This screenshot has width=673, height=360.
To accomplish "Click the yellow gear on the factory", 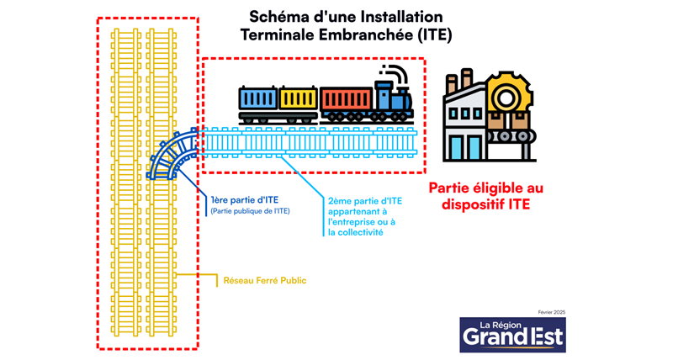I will pos(505,95).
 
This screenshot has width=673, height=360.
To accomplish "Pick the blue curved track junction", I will pos(173,156).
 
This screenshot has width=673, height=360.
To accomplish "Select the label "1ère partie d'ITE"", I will pos(245,199).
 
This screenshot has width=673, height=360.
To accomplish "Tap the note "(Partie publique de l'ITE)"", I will pos(250,211).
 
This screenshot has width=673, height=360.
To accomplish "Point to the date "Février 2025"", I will pos(548,312).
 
